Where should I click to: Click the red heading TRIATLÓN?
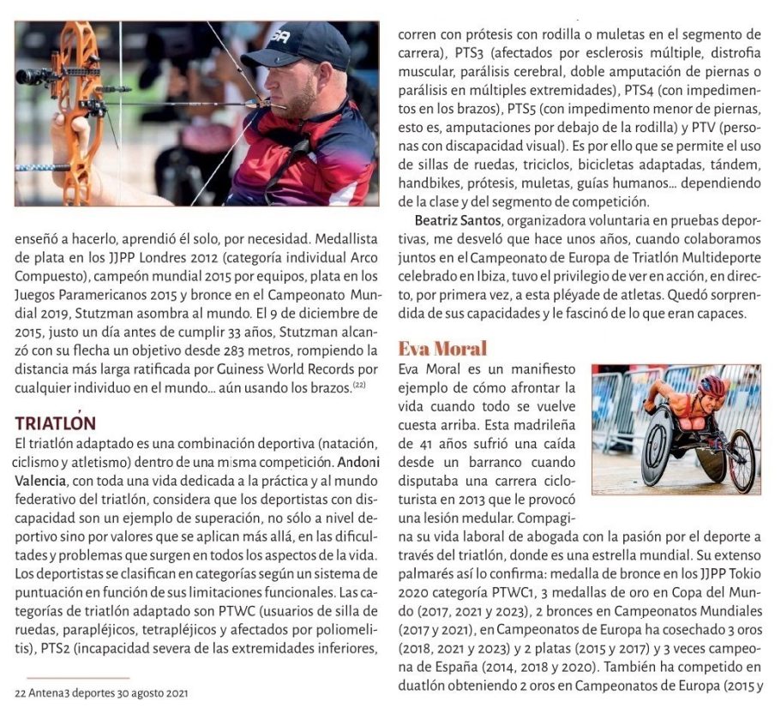tap(56, 422)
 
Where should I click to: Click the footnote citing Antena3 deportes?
tap(102, 692)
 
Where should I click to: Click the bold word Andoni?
tap(357, 461)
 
